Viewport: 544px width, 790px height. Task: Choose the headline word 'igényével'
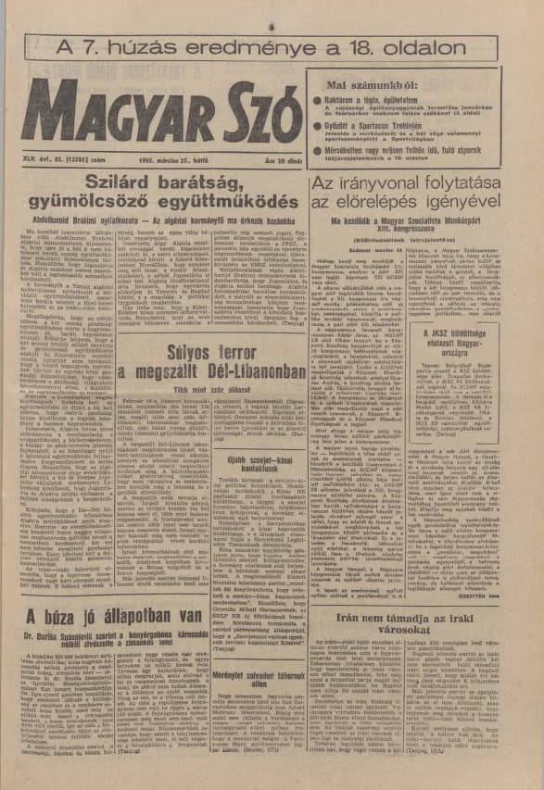[463, 202]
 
